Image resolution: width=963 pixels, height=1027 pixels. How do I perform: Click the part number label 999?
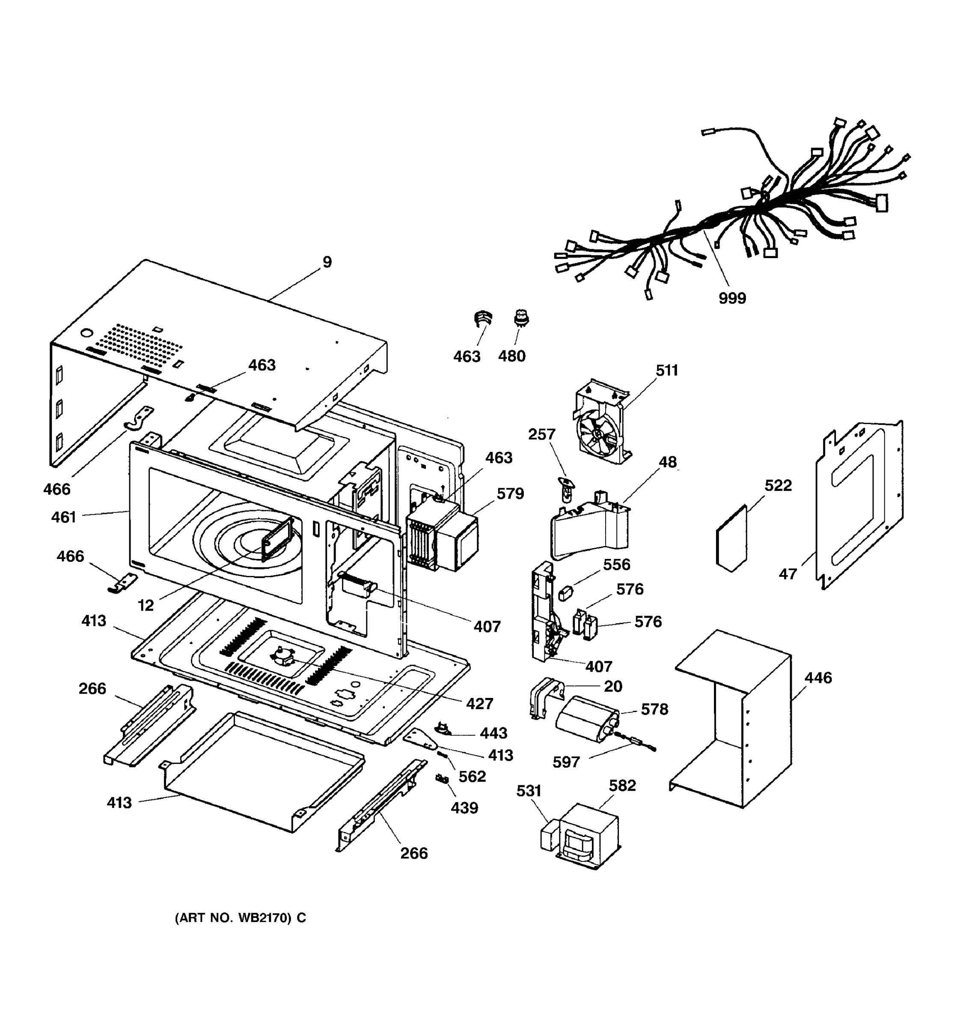pyautogui.click(x=732, y=298)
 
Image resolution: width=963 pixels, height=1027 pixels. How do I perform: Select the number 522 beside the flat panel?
pyautogui.click(x=778, y=485)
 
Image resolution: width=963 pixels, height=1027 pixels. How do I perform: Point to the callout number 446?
pyautogui.click(x=818, y=677)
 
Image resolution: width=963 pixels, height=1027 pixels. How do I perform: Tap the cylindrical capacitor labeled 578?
pyautogui.click(x=586, y=718)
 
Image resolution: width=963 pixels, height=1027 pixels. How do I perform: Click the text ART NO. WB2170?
pyautogui.click(x=240, y=917)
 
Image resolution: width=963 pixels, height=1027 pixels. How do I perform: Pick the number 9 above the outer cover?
pyautogui.click(x=327, y=262)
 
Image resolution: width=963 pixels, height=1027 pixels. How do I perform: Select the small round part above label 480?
pyautogui.click(x=521, y=317)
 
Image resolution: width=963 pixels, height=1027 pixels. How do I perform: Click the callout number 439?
pyautogui.click(x=464, y=807)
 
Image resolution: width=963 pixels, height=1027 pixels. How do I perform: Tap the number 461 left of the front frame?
pyautogui.click(x=63, y=516)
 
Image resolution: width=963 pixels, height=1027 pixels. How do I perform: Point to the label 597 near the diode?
pyautogui.click(x=566, y=762)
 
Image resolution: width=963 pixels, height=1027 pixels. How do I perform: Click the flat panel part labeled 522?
pyautogui.click(x=731, y=540)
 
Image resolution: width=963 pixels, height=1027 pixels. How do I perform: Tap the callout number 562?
pyautogui.click(x=472, y=776)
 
